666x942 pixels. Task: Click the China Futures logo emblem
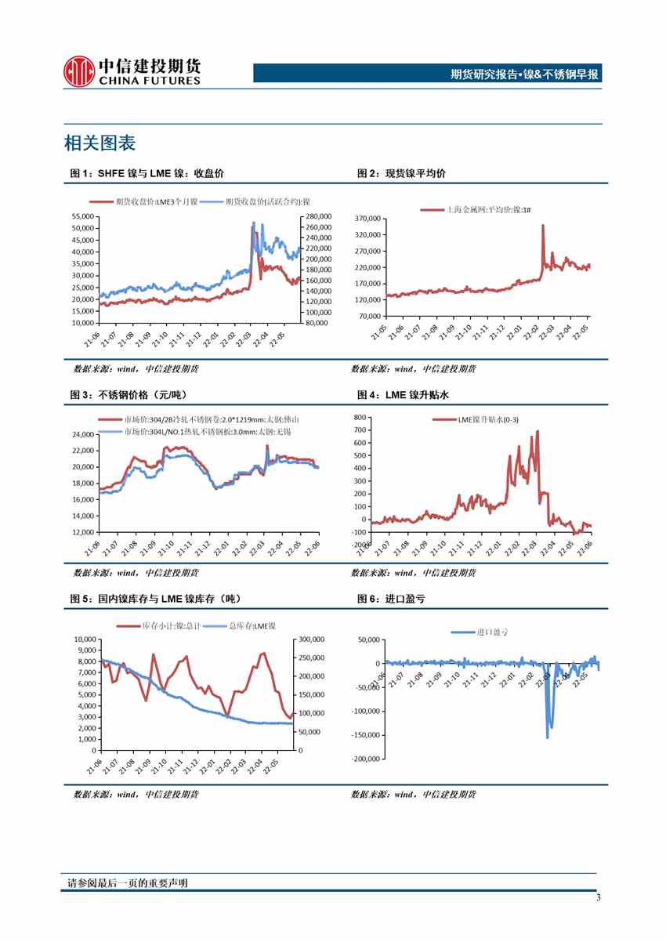point(79,71)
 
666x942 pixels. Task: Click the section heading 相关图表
point(100,143)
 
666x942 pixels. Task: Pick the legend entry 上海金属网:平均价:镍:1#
point(476,210)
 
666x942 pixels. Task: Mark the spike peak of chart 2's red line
point(542,226)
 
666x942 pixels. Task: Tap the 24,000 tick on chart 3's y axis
point(81,434)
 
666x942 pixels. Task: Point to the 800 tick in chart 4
point(360,418)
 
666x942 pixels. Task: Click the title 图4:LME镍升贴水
point(403,396)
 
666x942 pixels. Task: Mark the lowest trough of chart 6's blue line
point(547,737)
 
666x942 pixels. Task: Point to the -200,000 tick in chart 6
point(366,759)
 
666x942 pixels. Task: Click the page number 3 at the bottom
point(599,898)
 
